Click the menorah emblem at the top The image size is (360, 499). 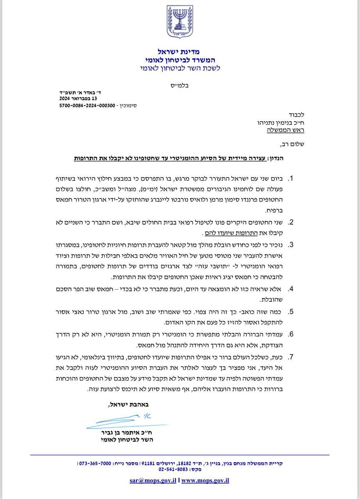180,22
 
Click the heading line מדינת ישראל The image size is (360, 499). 180,51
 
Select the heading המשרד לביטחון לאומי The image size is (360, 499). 180,60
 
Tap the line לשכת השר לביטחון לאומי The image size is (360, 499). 180,68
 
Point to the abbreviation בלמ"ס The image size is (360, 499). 180,85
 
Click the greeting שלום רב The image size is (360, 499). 293,144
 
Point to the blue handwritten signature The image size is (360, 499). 125,421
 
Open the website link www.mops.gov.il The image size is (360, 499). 205,480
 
